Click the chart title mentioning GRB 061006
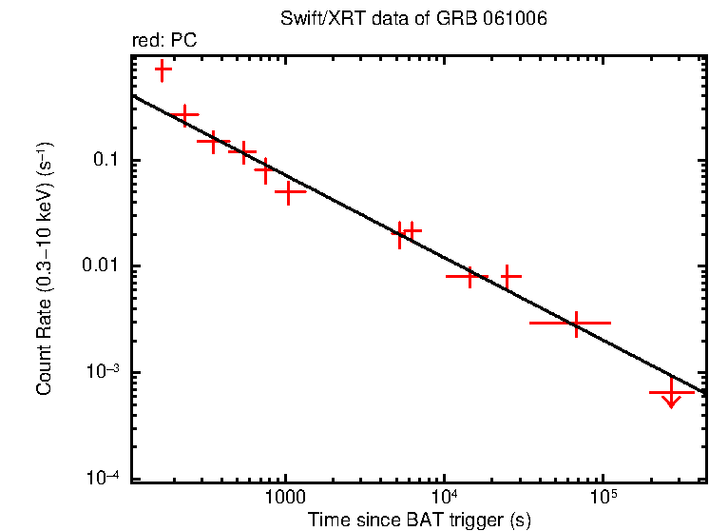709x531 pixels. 413,20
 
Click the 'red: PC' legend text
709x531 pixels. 164,41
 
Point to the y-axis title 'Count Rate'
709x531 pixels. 44,268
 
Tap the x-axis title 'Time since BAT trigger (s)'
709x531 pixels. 418,520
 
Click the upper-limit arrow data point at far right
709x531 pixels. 672,393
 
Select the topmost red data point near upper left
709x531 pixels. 163,69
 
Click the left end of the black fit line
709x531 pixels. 132,95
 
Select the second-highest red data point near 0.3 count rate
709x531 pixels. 184,114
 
